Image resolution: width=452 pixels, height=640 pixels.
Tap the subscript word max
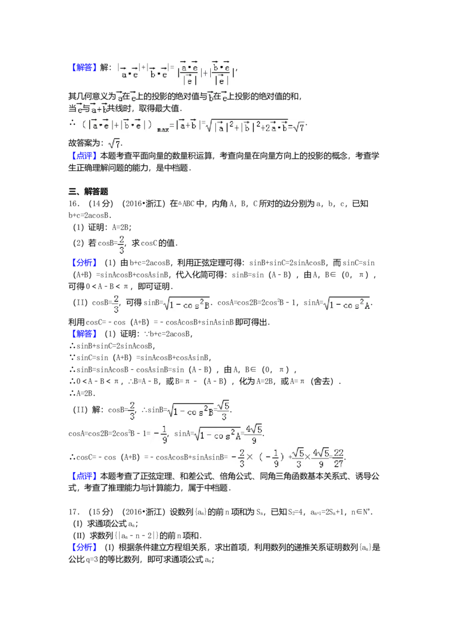click(163, 129)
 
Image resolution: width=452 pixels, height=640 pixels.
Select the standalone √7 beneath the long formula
click(115, 144)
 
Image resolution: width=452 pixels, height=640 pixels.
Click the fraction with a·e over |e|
click(188, 73)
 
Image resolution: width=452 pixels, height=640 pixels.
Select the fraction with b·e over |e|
click(221, 73)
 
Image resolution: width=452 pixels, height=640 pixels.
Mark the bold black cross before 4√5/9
click(307, 457)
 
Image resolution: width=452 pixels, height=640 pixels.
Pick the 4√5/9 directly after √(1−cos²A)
click(252, 434)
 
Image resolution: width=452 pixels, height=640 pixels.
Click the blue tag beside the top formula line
click(85, 68)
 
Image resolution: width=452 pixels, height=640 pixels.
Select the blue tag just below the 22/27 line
click(85, 477)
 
